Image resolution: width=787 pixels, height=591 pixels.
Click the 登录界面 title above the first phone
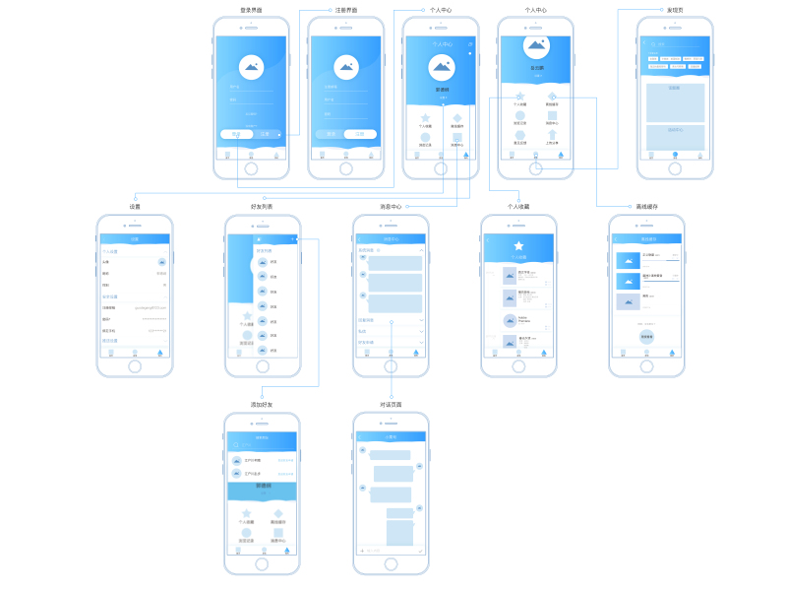(x=251, y=10)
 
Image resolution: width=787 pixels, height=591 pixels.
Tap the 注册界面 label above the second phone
(x=345, y=10)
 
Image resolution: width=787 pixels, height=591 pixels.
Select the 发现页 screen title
(x=675, y=10)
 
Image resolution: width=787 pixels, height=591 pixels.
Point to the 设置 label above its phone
(x=135, y=207)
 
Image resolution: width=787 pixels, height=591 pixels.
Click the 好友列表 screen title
(x=262, y=207)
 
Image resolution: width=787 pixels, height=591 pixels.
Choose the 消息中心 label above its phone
(x=391, y=207)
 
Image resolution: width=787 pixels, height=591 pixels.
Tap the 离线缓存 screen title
(x=646, y=207)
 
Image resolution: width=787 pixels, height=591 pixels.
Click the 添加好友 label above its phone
(x=262, y=405)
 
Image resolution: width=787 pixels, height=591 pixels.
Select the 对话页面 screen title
(x=391, y=405)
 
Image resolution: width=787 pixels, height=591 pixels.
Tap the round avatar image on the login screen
(x=251, y=67)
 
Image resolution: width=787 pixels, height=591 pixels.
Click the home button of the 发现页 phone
(x=675, y=168)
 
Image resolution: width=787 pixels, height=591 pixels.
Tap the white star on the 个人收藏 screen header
(x=518, y=245)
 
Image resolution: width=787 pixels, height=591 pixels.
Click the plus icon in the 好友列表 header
(x=294, y=238)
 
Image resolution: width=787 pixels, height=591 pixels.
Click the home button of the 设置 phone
(x=135, y=365)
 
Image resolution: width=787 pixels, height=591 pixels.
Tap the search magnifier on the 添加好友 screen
(x=234, y=444)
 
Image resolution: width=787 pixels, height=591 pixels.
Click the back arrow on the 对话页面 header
(x=360, y=436)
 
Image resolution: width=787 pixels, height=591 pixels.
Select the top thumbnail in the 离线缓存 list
(x=628, y=260)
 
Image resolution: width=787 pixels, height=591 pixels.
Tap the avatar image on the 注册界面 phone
(x=345, y=67)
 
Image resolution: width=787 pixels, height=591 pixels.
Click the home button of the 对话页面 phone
(x=391, y=564)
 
